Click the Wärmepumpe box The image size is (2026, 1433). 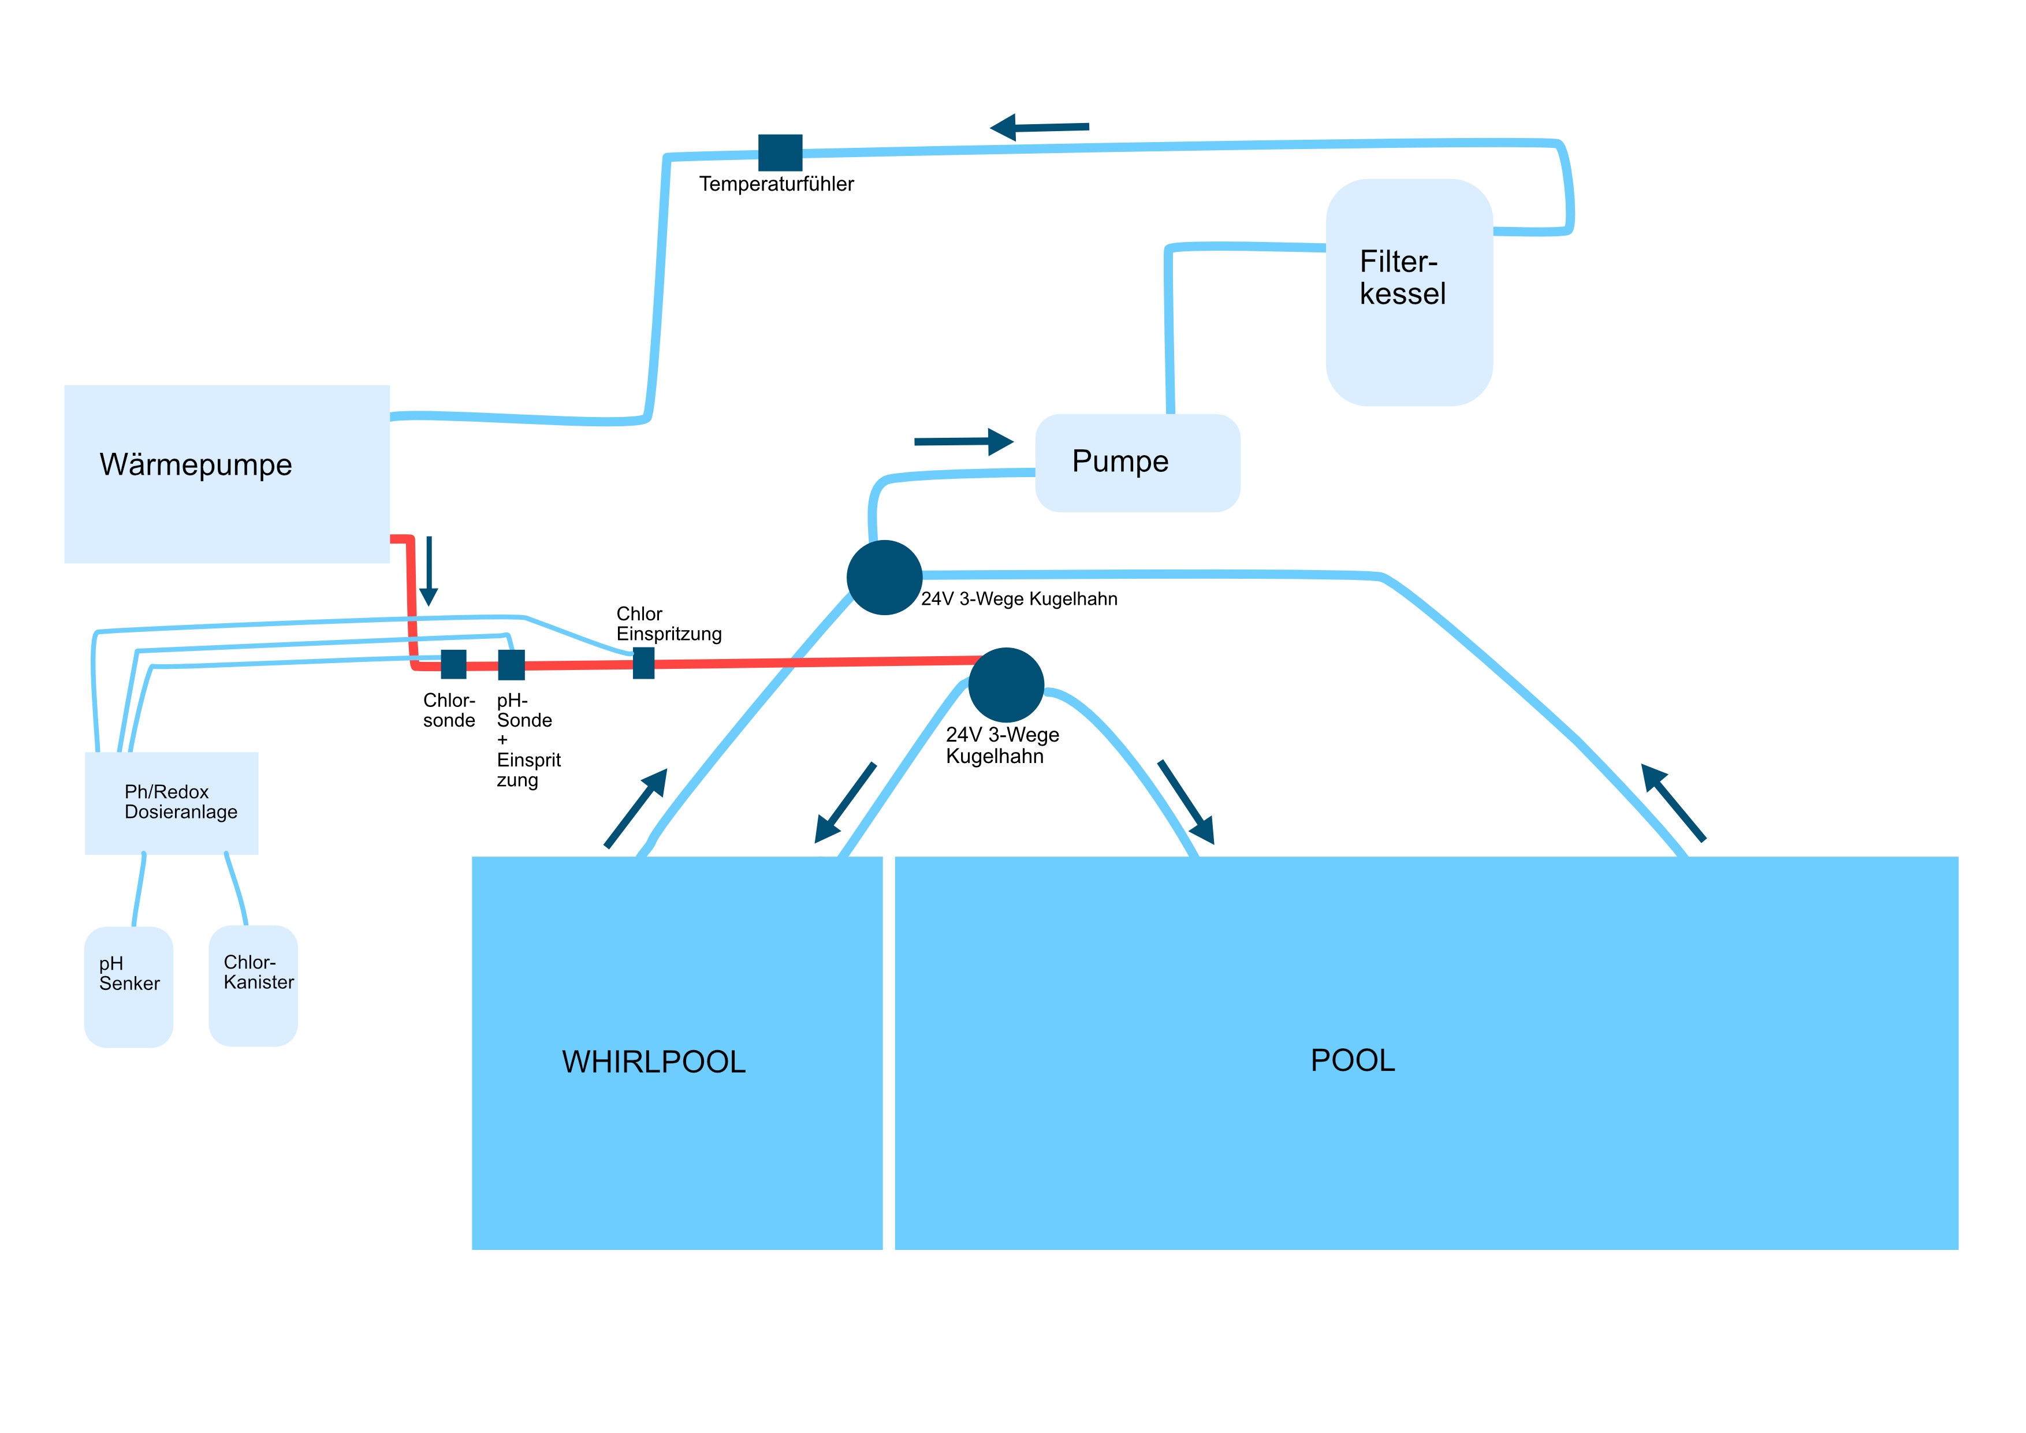227,474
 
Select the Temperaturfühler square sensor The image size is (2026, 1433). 780,152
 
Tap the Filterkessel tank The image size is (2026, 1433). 1409,292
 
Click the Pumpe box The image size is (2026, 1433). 1137,463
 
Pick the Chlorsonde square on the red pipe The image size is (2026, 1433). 453,664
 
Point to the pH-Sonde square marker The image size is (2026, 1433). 512,664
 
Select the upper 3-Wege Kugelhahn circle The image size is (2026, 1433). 884,577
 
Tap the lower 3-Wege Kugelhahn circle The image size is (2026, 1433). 1006,685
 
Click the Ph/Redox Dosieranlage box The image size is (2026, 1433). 171,803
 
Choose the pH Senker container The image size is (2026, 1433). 129,987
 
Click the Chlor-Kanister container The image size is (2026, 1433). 253,985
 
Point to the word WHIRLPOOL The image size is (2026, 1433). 654,1062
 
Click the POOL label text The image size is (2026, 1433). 1353,1060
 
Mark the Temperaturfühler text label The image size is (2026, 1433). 777,184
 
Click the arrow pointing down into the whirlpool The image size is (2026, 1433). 844,803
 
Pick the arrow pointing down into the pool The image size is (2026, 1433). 1187,802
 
